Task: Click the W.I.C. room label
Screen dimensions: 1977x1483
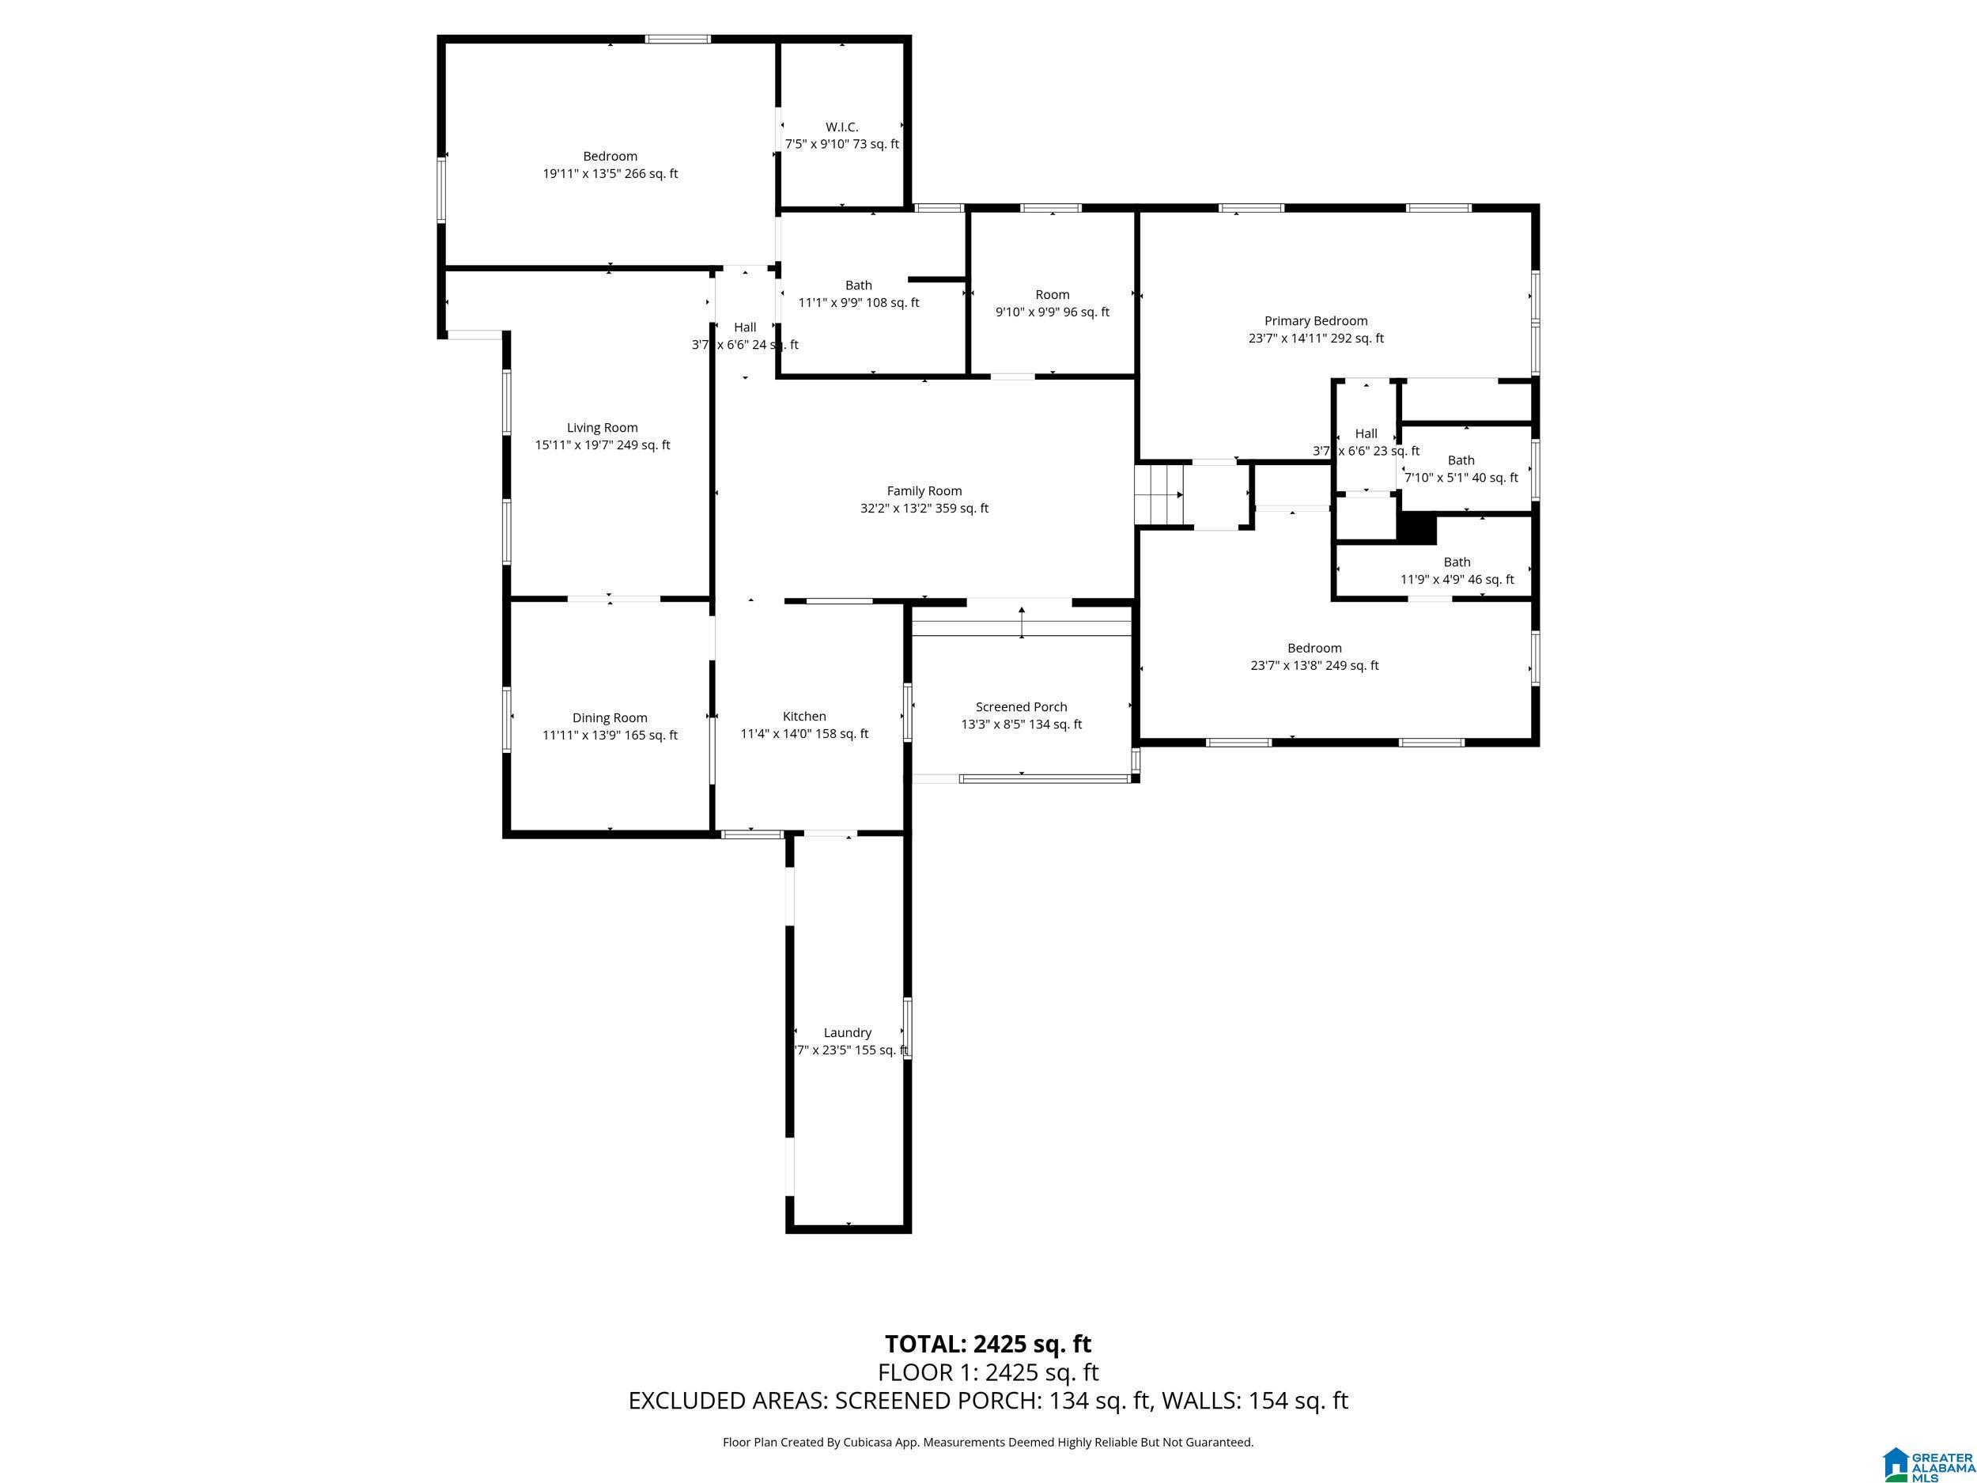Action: click(x=842, y=127)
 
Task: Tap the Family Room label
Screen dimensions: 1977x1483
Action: click(x=924, y=490)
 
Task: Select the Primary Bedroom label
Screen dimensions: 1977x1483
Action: click(x=1316, y=321)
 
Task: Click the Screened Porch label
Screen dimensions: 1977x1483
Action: click(x=1022, y=707)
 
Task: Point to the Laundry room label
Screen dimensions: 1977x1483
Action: click(x=847, y=1032)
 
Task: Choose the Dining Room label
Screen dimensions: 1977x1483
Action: click(x=610, y=718)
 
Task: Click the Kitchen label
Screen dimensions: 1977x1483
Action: click(x=804, y=716)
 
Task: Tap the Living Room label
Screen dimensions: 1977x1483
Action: click(x=603, y=427)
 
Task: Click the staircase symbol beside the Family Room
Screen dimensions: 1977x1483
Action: click(x=1159, y=494)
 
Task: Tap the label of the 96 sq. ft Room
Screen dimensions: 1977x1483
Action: click(x=1052, y=295)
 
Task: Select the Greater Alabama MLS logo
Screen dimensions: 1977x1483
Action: click(x=1928, y=1447)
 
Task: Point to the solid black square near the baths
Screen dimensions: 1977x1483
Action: click(x=1416, y=528)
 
